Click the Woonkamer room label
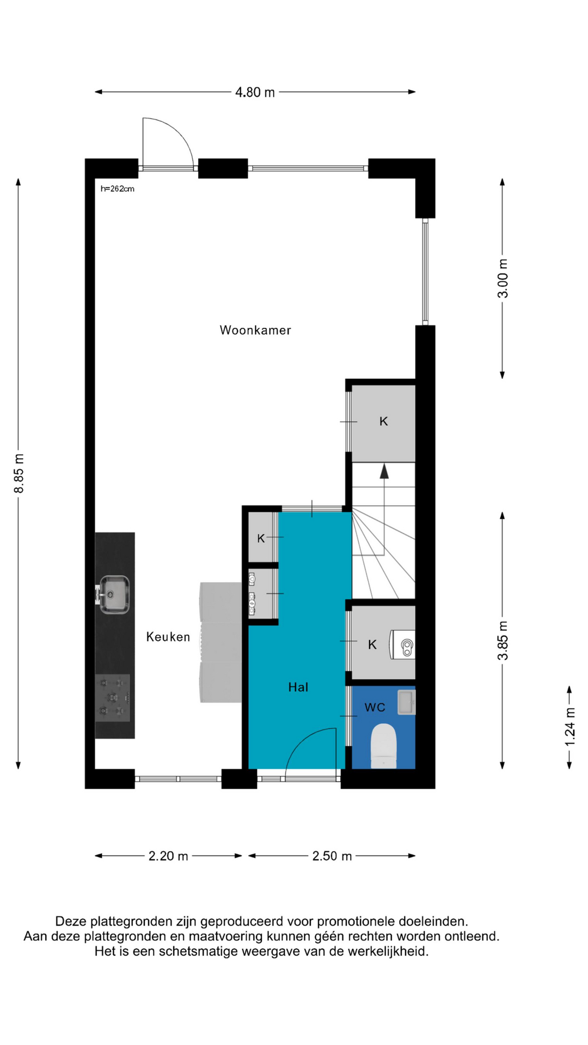pyautogui.click(x=255, y=330)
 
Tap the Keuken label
pyautogui.click(x=168, y=637)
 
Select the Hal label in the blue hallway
pyautogui.click(x=298, y=687)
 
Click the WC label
pyautogui.click(x=375, y=708)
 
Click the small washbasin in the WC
pyautogui.click(x=406, y=702)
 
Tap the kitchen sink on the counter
pyautogui.click(x=113, y=594)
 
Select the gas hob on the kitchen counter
pyautogui.click(x=113, y=698)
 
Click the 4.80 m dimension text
pyautogui.click(x=255, y=93)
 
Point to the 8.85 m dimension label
pyautogui.click(x=19, y=473)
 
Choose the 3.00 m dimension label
pyautogui.click(x=503, y=278)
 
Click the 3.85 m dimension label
pyautogui.click(x=503, y=640)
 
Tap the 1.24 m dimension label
pyautogui.click(x=569, y=727)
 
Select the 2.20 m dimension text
pyautogui.click(x=168, y=856)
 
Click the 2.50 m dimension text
pyautogui.click(x=332, y=856)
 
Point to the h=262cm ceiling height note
pyautogui.click(x=118, y=189)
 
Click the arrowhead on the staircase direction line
pyautogui.click(x=384, y=471)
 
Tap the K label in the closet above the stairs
pyautogui.click(x=384, y=421)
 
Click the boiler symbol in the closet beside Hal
pyautogui.click(x=403, y=645)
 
